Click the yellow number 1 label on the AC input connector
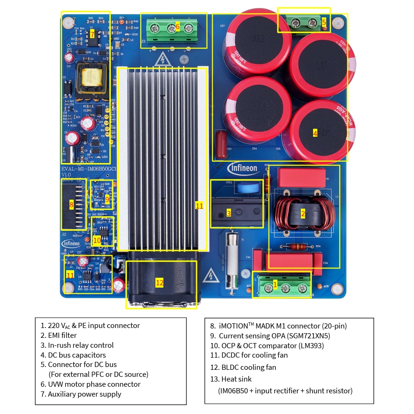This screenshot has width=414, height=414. pos(275,284)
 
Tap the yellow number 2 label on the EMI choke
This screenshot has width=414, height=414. pos(303,214)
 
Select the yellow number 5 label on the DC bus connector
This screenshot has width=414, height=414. pos(323,22)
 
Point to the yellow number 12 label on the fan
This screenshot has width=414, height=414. pos(160,282)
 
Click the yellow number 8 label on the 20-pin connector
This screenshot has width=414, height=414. pos(71,204)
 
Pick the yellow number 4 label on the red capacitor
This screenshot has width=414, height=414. pos(315,133)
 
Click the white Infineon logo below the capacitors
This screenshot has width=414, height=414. pos(243,168)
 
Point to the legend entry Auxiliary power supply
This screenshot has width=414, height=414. pos(84,394)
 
